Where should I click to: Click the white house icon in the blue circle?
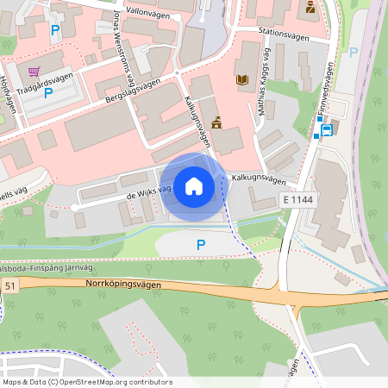coord(194,186)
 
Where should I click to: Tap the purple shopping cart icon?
coord(34,72)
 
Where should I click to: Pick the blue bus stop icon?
coord(327,129)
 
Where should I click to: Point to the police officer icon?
coord(310,9)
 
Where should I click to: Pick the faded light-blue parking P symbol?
coord(353,52)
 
